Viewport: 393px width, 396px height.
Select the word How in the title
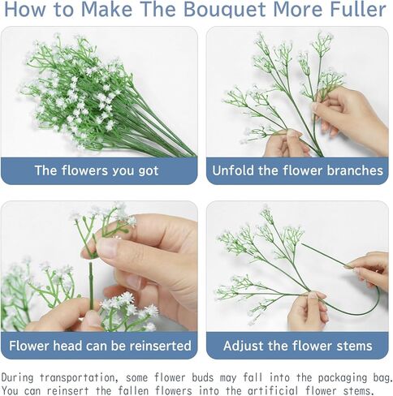coord(31,11)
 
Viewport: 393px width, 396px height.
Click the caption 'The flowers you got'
coord(97,171)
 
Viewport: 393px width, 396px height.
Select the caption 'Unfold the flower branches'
coord(297,171)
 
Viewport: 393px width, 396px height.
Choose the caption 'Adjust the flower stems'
coord(297,346)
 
